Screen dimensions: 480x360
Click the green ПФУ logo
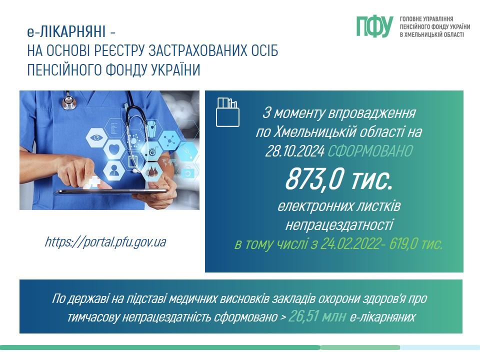tap(374, 26)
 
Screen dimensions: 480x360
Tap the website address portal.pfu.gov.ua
tap(105, 242)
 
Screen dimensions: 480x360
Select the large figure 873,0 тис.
tap(339, 179)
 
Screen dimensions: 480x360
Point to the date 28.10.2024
tap(294, 151)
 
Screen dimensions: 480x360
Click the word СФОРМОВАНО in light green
tap(370, 151)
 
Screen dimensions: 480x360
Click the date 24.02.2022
tap(349, 244)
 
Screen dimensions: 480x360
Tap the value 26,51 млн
tap(317, 316)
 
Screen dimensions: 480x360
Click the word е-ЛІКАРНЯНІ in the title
tap(66, 31)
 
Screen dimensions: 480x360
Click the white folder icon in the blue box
tap(227, 112)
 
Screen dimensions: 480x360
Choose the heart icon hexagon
tap(114, 149)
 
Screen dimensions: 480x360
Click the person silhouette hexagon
tap(114, 169)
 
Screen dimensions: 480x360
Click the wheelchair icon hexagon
tap(152, 151)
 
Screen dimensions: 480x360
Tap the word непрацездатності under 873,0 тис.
tap(339, 225)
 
